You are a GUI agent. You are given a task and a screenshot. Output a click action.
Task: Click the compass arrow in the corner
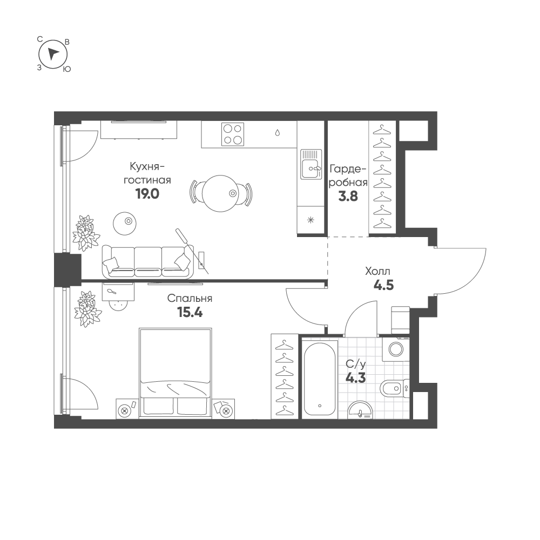point(52,54)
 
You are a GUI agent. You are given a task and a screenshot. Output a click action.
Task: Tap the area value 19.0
point(147,194)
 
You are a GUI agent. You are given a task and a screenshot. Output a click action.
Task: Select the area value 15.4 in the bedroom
point(190,312)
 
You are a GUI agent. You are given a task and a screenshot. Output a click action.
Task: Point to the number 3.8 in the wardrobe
point(348,197)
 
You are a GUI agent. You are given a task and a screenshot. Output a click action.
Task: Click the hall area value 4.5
point(383,285)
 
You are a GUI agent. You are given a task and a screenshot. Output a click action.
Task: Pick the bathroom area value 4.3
point(356,378)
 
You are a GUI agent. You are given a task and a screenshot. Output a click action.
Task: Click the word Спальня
point(190,298)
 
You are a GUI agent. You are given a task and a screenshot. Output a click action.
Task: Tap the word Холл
point(378,272)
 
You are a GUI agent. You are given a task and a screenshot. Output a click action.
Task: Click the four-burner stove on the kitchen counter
point(232,134)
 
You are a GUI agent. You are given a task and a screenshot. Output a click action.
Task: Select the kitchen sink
point(311,164)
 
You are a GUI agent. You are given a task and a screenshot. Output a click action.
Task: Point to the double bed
point(175,373)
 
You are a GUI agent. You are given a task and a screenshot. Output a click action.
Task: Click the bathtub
point(320,379)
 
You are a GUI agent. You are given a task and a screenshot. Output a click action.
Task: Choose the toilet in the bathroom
point(395,389)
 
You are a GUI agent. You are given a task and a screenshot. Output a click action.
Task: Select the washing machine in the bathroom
point(396,349)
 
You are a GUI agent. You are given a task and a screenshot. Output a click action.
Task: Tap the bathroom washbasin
point(360,410)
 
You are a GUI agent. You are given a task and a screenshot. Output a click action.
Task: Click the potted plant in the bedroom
point(85,309)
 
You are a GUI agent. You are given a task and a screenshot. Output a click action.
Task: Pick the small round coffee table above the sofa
point(125,224)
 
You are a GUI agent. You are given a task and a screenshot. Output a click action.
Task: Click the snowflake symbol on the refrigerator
point(310,220)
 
